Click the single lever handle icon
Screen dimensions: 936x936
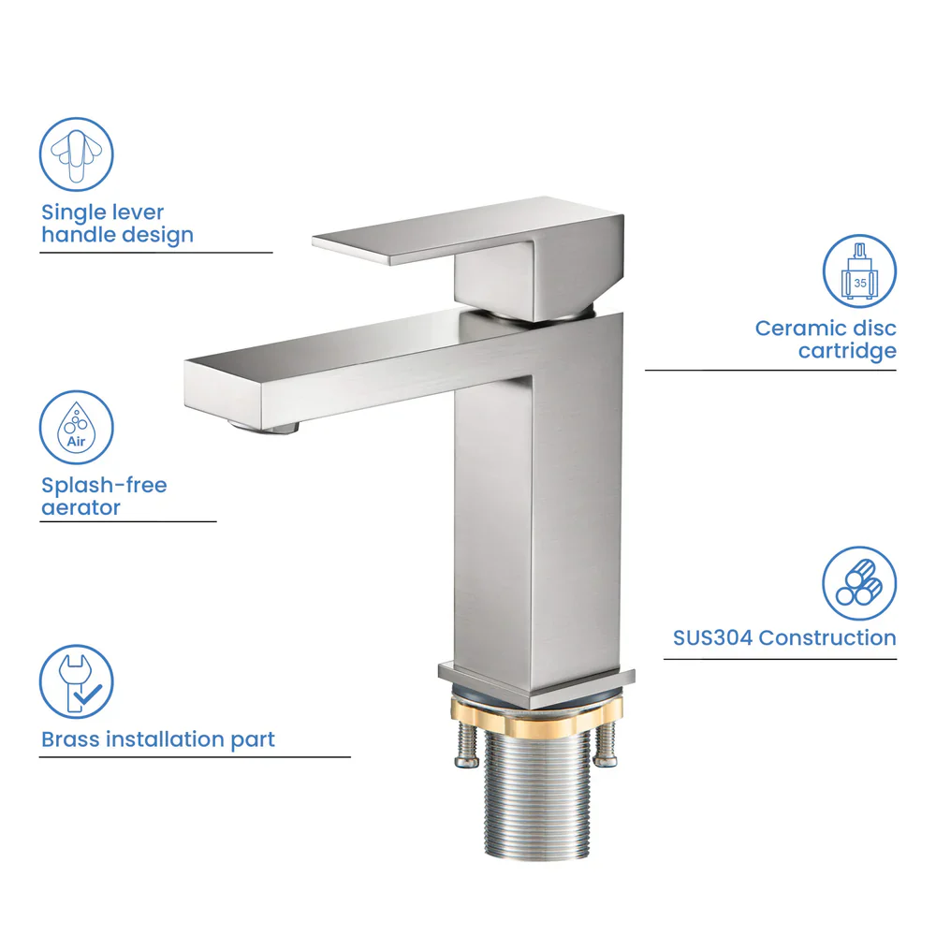pos(77,154)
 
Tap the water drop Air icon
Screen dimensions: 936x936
pos(77,428)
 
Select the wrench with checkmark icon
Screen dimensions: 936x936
pos(77,681)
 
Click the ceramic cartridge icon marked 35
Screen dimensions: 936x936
pos(859,271)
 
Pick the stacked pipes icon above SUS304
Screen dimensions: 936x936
pos(859,583)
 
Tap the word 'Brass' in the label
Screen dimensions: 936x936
pos(70,739)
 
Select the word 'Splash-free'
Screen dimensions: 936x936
pos(104,486)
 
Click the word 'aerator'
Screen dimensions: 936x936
pos(81,508)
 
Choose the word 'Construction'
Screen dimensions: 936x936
pos(827,638)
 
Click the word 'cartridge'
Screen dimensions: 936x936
pos(847,351)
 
